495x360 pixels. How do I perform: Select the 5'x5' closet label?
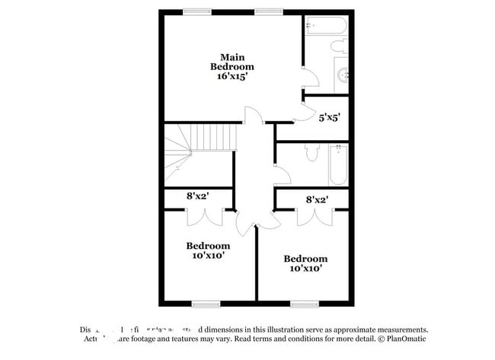click(x=328, y=118)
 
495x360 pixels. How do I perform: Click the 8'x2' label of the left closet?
click(x=198, y=196)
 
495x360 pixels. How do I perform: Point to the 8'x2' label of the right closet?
click(x=317, y=200)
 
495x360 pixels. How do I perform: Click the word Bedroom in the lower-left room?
click(x=208, y=246)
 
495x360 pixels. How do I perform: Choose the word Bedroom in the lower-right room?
click(x=305, y=259)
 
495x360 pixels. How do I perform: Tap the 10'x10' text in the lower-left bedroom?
click(x=208, y=256)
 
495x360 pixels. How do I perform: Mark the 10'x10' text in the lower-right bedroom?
click(x=305, y=269)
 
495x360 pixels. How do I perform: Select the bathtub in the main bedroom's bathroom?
click(x=326, y=27)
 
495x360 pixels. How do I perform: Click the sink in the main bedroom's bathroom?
click(x=343, y=75)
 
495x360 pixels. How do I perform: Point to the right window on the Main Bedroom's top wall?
click(x=268, y=11)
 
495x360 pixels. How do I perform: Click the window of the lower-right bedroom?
click(x=302, y=304)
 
